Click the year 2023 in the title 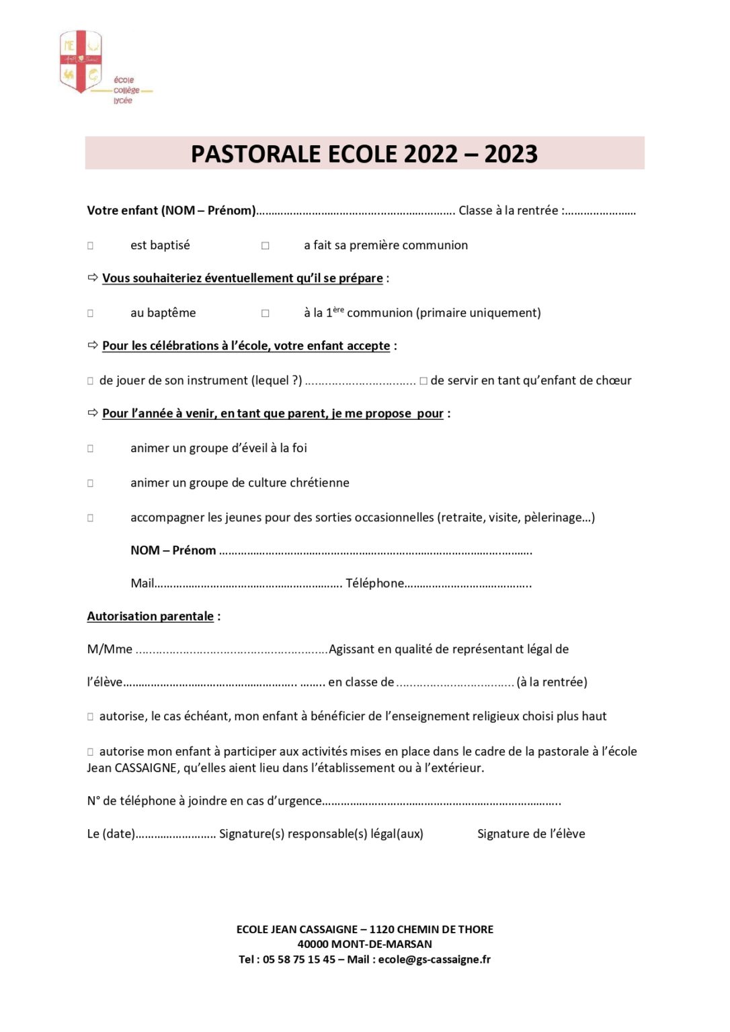click(x=510, y=154)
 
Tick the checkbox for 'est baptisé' click(x=90, y=246)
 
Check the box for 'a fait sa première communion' click(x=266, y=246)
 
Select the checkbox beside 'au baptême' click(x=90, y=313)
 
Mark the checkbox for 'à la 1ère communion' click(x=266, y=313)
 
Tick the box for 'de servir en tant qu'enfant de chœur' click(x=423, y=381)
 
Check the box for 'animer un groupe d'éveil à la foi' click(x=90, y=448)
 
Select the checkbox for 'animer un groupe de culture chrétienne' click(x=90, y=483)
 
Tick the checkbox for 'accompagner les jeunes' click(x=90, y=518)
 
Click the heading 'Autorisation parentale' click(x=150, y=616)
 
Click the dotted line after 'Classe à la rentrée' click(x=600, y=212)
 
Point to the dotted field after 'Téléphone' click(x=468, y=585)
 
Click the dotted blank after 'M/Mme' click(x=231, y=650)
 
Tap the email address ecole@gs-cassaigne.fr click(x=434, y=959)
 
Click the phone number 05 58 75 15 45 click(x=299, y=959)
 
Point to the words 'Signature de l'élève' click(x=531, y=834)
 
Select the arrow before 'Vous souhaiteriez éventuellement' click(x=93, y=277)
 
